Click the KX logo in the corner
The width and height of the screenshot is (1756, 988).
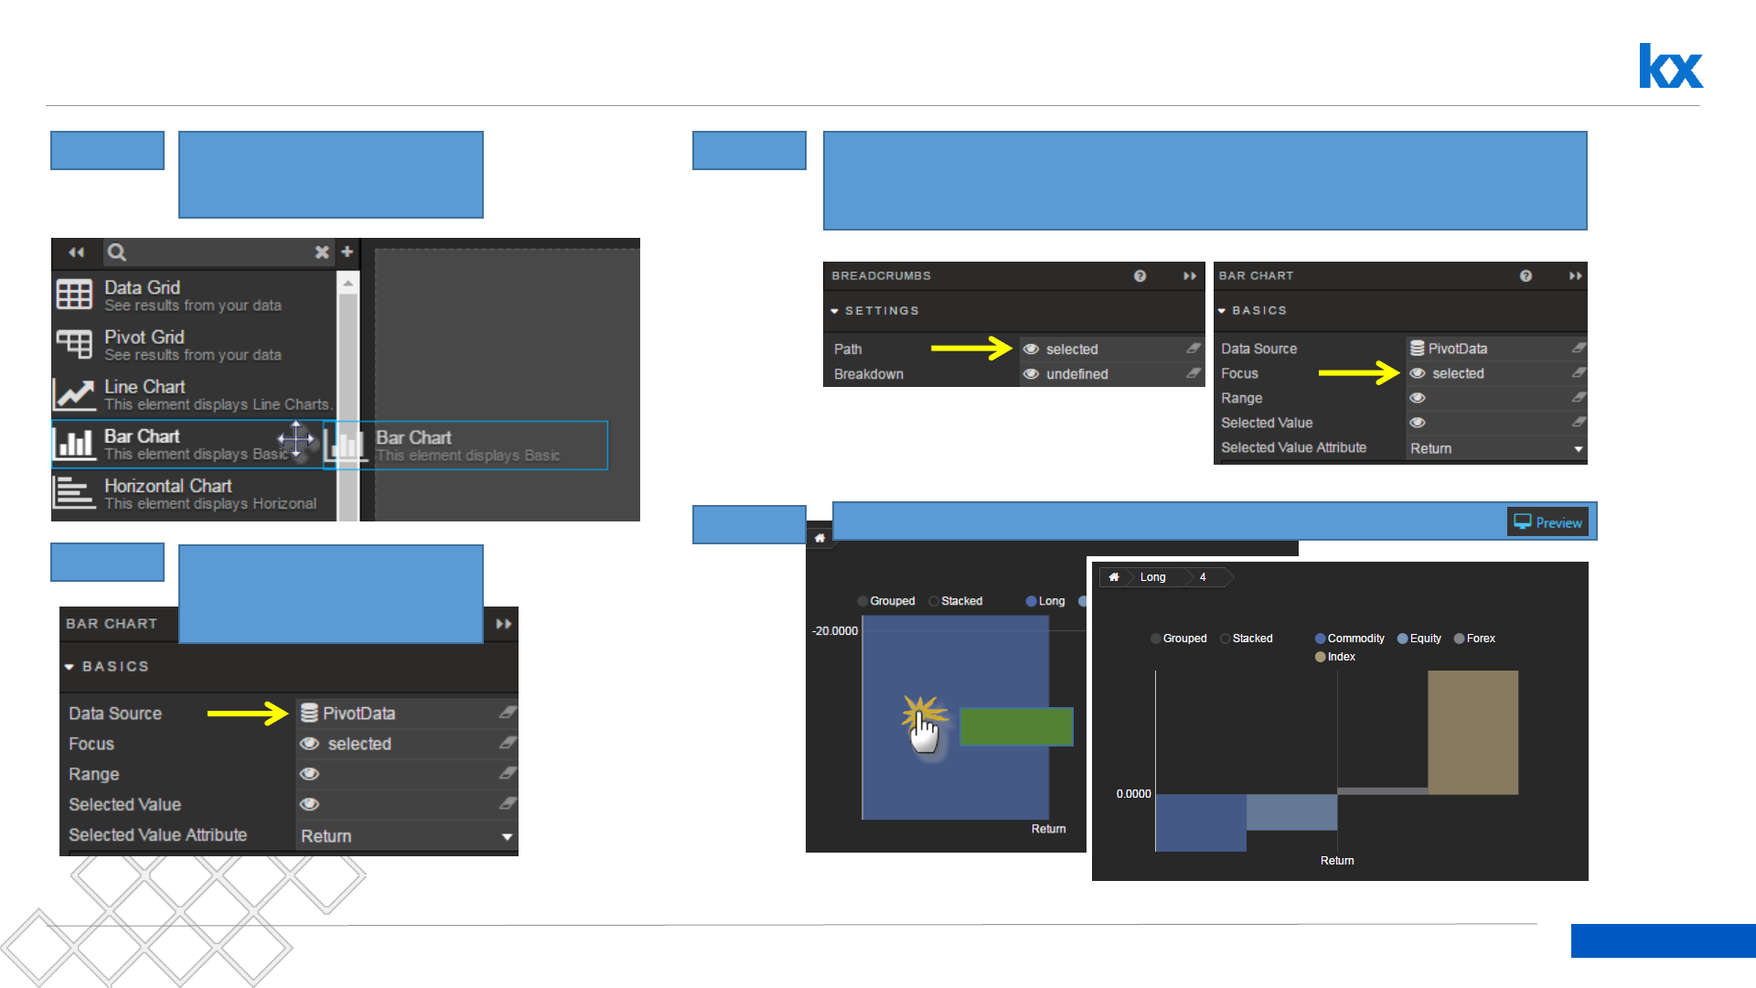1670,66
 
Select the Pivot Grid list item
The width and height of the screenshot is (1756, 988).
192,345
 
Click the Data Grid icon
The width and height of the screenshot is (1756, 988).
74,295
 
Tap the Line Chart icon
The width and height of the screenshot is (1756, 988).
74,394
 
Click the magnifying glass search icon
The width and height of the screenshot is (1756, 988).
117,252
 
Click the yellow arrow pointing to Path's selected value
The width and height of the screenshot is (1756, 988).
970,349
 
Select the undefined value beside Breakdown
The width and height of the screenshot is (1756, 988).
1076,374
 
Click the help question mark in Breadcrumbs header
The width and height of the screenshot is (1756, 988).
1140,276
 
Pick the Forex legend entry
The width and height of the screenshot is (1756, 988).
1475,639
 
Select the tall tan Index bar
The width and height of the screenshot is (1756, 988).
1472,732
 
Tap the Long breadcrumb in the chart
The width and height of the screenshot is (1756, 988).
1152,577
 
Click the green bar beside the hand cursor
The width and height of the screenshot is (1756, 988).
1016,726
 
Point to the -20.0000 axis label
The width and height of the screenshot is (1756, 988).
835,631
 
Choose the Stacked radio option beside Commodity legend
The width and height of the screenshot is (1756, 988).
1247,639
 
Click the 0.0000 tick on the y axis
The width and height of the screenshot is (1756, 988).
1133,794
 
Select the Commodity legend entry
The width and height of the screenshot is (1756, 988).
1350,639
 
